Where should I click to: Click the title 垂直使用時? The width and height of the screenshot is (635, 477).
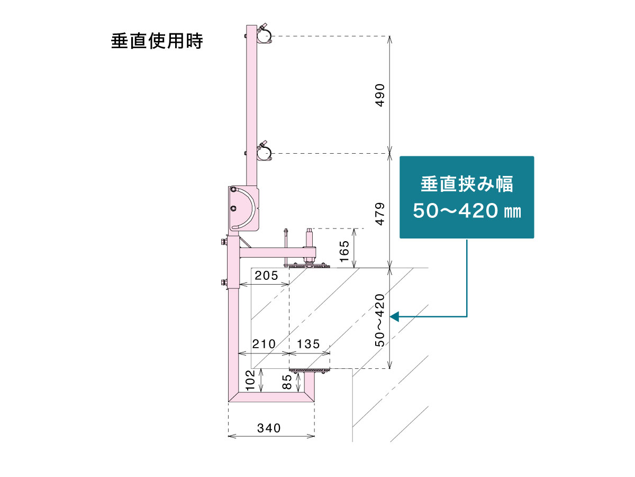pyautogui.click(x=157, y=41)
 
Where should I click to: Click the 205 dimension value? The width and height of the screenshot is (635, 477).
pyautogui.click(x=266, y=276)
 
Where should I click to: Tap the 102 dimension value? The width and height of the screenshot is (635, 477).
pyautogui.click(x=251, y=380)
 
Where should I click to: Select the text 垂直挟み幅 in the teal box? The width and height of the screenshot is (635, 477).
pyautogui.click(x=467, y=185)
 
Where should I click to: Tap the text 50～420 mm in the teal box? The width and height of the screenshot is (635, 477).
pyautogui.click(x=467, y=211)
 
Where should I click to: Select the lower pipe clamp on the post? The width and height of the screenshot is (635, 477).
pyautogui.click(x=264, y=152)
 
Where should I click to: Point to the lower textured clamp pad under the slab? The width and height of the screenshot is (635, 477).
pyautogui.click(x=309, y=369)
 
